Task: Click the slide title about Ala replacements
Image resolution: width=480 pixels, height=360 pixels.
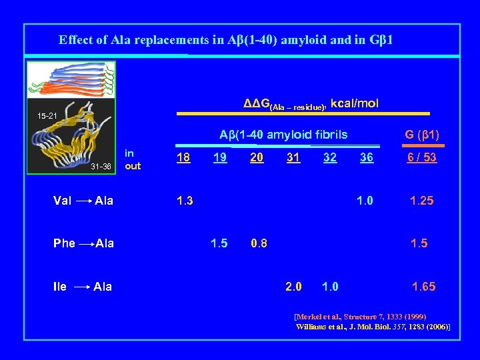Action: [225, 40]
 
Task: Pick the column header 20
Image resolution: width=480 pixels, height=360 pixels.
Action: [256, 157]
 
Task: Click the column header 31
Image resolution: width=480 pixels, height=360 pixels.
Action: [293, 157]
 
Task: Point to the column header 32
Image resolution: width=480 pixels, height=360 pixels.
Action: [329, 157]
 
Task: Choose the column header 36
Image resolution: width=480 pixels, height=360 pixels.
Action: [366, 157]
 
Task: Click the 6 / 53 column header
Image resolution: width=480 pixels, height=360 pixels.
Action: [421, 157]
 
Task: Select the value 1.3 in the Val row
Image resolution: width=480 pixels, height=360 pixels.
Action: [184, 201]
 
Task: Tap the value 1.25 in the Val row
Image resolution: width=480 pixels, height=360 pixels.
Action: [421, 201]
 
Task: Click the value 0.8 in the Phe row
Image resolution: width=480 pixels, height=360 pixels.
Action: [259, 243]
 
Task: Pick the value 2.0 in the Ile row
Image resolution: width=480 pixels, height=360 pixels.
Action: [293, 287]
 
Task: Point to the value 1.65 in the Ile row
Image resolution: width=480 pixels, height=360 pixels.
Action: [423, 287]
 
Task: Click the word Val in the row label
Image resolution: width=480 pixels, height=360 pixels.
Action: [63, 201]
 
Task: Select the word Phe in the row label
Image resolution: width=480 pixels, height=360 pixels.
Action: [64, 243]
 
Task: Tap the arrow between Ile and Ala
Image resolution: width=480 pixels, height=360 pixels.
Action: [82, 287]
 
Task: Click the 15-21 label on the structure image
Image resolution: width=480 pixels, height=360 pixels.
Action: [47, 117]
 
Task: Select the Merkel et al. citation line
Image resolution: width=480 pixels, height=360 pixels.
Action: [360, 316]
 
